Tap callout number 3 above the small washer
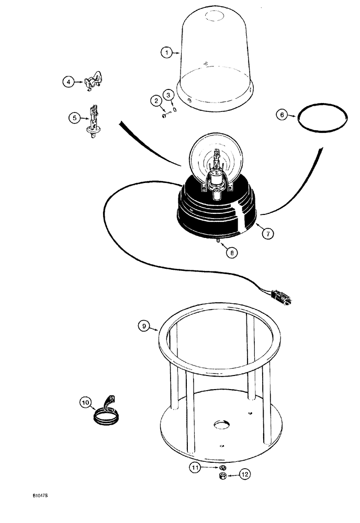pyautogui.click(x=168, y=95)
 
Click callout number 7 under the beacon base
pyautogui.click(x=267, y=234)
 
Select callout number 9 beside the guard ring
pyautogui.click(x=144, y=327)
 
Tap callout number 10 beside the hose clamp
pyautogui.click(x=85, y=403)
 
